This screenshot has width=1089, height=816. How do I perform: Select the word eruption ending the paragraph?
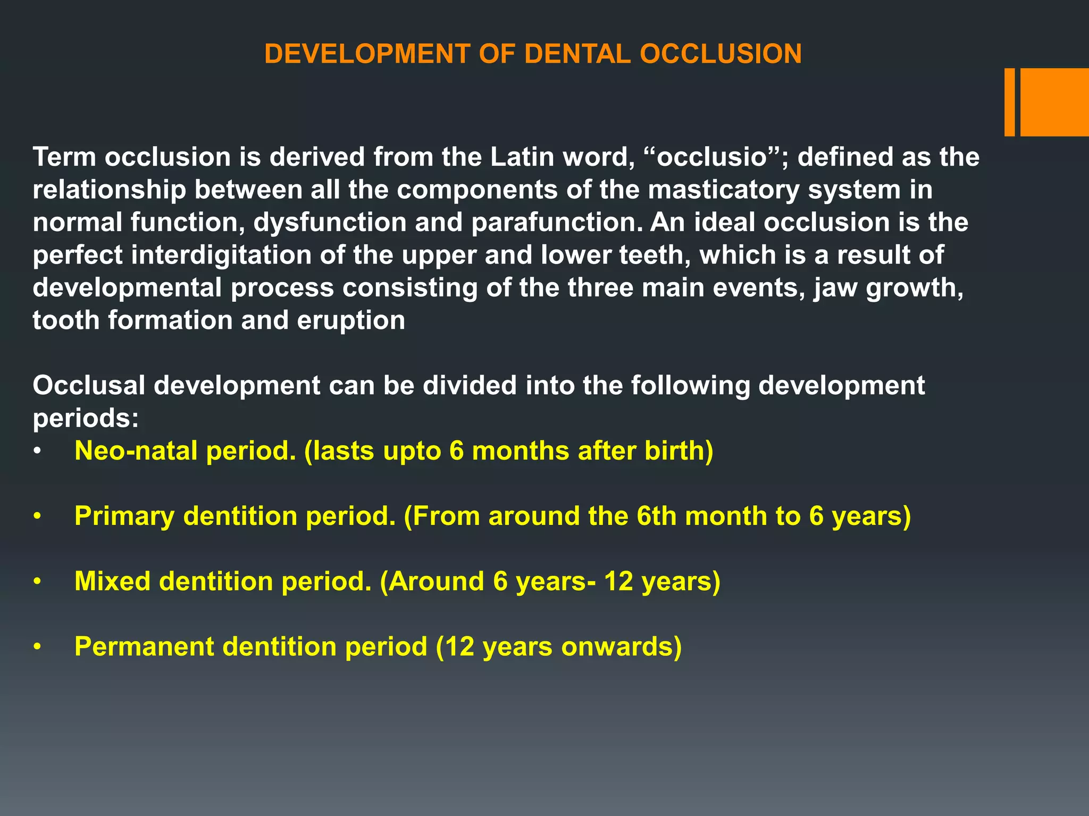pos(351,320)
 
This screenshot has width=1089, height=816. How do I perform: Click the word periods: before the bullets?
pos(86,419)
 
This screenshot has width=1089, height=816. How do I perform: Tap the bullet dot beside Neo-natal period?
pos(37,452)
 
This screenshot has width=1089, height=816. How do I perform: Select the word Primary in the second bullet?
pos(124,516)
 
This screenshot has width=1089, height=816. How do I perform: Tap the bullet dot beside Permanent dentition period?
pos(37,648)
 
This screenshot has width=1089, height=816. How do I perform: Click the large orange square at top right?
pos(1054,102)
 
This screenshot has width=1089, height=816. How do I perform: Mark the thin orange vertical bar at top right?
pos(1009,102)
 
